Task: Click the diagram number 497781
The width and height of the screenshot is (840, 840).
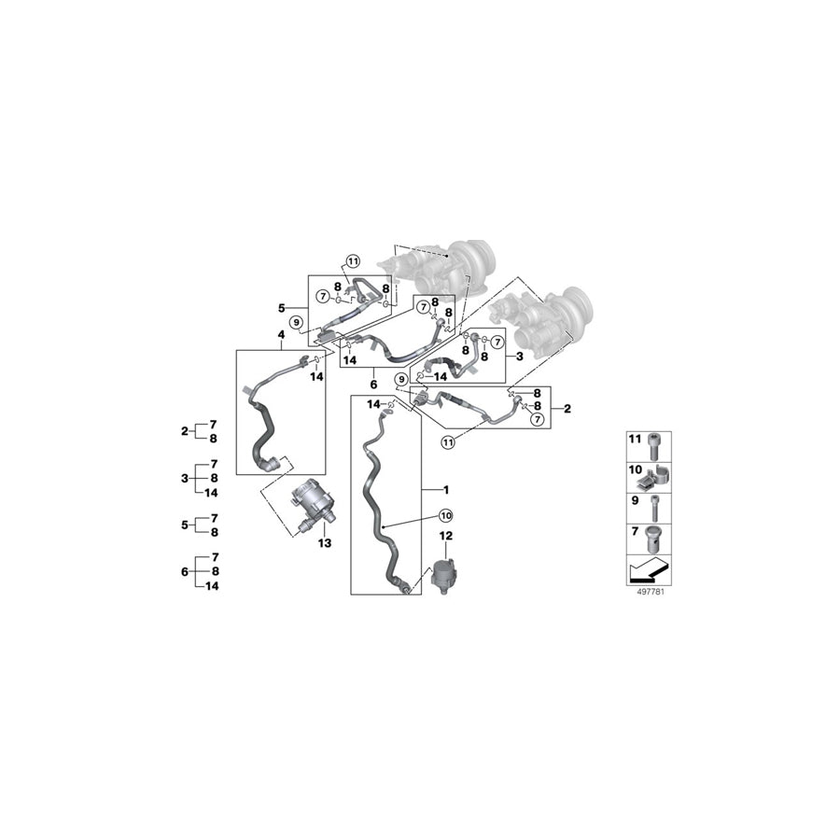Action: (x=650, y=592)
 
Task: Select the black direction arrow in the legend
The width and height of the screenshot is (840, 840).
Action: (x=649, y=570)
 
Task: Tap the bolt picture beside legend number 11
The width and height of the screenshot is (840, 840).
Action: (x=653, y=446)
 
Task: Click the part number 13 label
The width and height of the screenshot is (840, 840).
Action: (x=325, y=543)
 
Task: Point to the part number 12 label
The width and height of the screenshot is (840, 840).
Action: (x=446, y=536)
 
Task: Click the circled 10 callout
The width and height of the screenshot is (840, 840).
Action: (x=446, y=515)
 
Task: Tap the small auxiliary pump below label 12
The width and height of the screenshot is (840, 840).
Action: (x=444, y=574)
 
